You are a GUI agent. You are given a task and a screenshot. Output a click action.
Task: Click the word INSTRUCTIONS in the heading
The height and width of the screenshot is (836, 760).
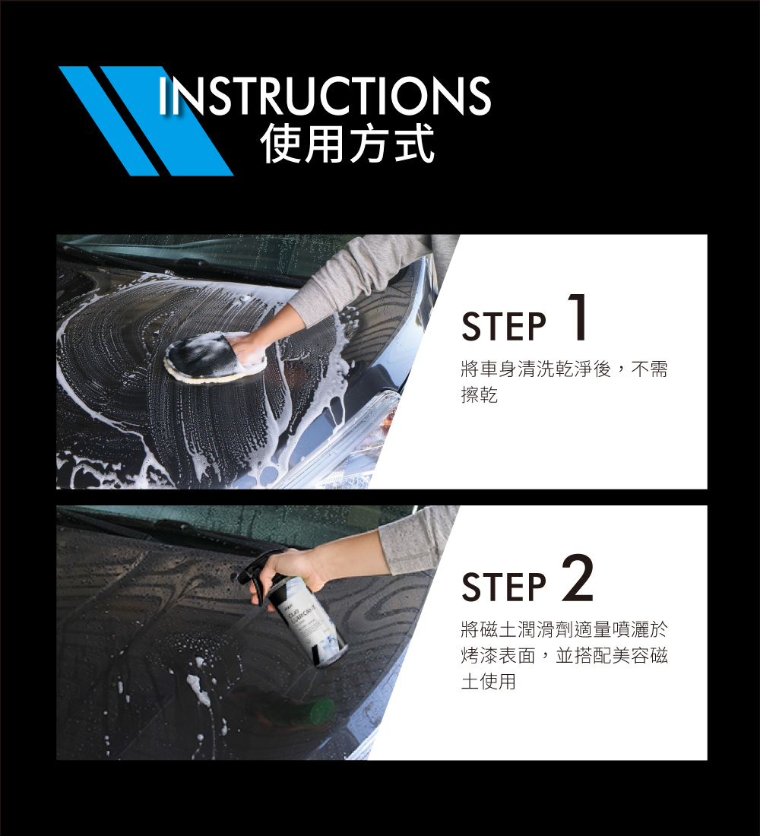point(325,96)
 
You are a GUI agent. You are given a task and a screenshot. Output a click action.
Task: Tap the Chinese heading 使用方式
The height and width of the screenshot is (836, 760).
point(347,143)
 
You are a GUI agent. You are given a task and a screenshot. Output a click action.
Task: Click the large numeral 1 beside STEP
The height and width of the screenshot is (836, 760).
point(577,318)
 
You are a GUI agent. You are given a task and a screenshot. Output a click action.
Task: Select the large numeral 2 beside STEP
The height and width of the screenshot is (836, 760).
point(577,578)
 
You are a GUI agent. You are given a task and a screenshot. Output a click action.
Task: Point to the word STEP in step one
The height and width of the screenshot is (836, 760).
point(504,326)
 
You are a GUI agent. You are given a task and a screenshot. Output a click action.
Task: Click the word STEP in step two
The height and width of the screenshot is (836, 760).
point(504,587)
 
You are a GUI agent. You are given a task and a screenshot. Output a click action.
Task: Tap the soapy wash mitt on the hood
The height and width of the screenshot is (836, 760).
point(216,356)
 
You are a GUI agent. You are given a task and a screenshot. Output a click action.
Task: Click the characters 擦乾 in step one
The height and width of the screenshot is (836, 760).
point(480,395)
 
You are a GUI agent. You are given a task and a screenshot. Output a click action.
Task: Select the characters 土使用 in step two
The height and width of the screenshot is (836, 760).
point(489,682)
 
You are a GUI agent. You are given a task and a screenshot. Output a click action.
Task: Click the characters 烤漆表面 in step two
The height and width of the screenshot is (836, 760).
point(498,656)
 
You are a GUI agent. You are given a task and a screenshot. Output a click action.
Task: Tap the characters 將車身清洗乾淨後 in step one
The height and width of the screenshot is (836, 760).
point(536,369)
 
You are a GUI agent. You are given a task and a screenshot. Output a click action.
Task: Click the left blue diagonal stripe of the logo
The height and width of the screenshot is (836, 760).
point(109,121)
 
